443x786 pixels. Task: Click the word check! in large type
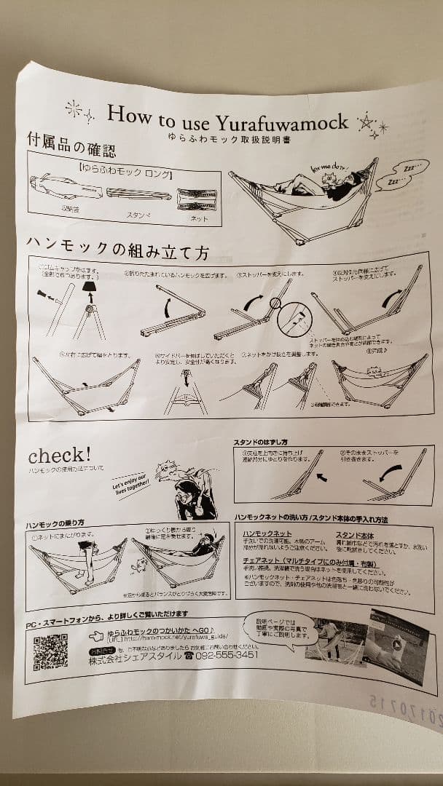pyautogui.click(x=60, y=456)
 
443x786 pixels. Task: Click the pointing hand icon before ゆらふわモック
pyautogui.click(x=95, y=635)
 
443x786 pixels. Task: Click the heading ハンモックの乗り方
pyautogui.click(x=55, y=524)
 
